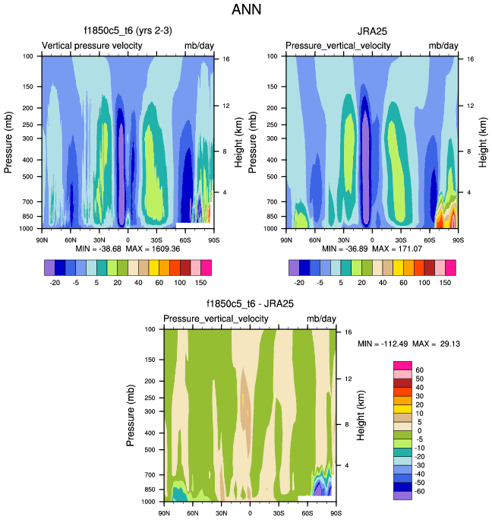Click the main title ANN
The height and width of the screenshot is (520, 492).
pos(246,11)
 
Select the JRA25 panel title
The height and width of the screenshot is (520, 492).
pos(372,32)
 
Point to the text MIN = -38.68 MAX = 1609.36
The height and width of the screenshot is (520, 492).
pos(127,249)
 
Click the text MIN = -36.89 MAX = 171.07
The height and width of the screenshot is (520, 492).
pos(372,249)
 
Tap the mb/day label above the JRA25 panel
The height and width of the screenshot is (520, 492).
pos(443,46)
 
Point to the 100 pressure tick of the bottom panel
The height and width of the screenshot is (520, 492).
pos(150,329)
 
